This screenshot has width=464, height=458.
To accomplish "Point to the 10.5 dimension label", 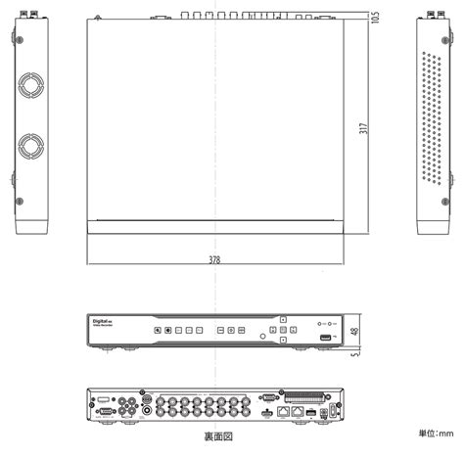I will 376,17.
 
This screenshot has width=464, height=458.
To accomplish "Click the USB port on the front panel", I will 324,339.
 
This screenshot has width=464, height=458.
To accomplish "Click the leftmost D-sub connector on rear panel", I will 103,414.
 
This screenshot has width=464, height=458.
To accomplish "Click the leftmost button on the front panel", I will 157,331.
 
